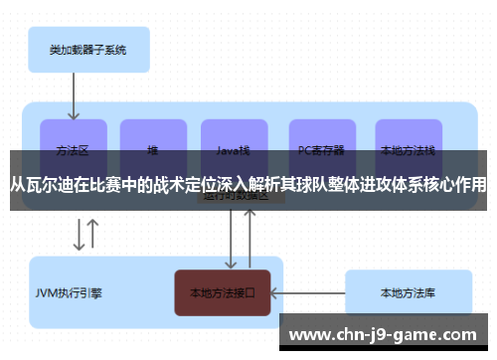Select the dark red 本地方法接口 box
coord(223,292)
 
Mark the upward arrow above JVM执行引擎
coord(93,235)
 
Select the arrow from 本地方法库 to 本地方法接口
coord(307,292)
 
